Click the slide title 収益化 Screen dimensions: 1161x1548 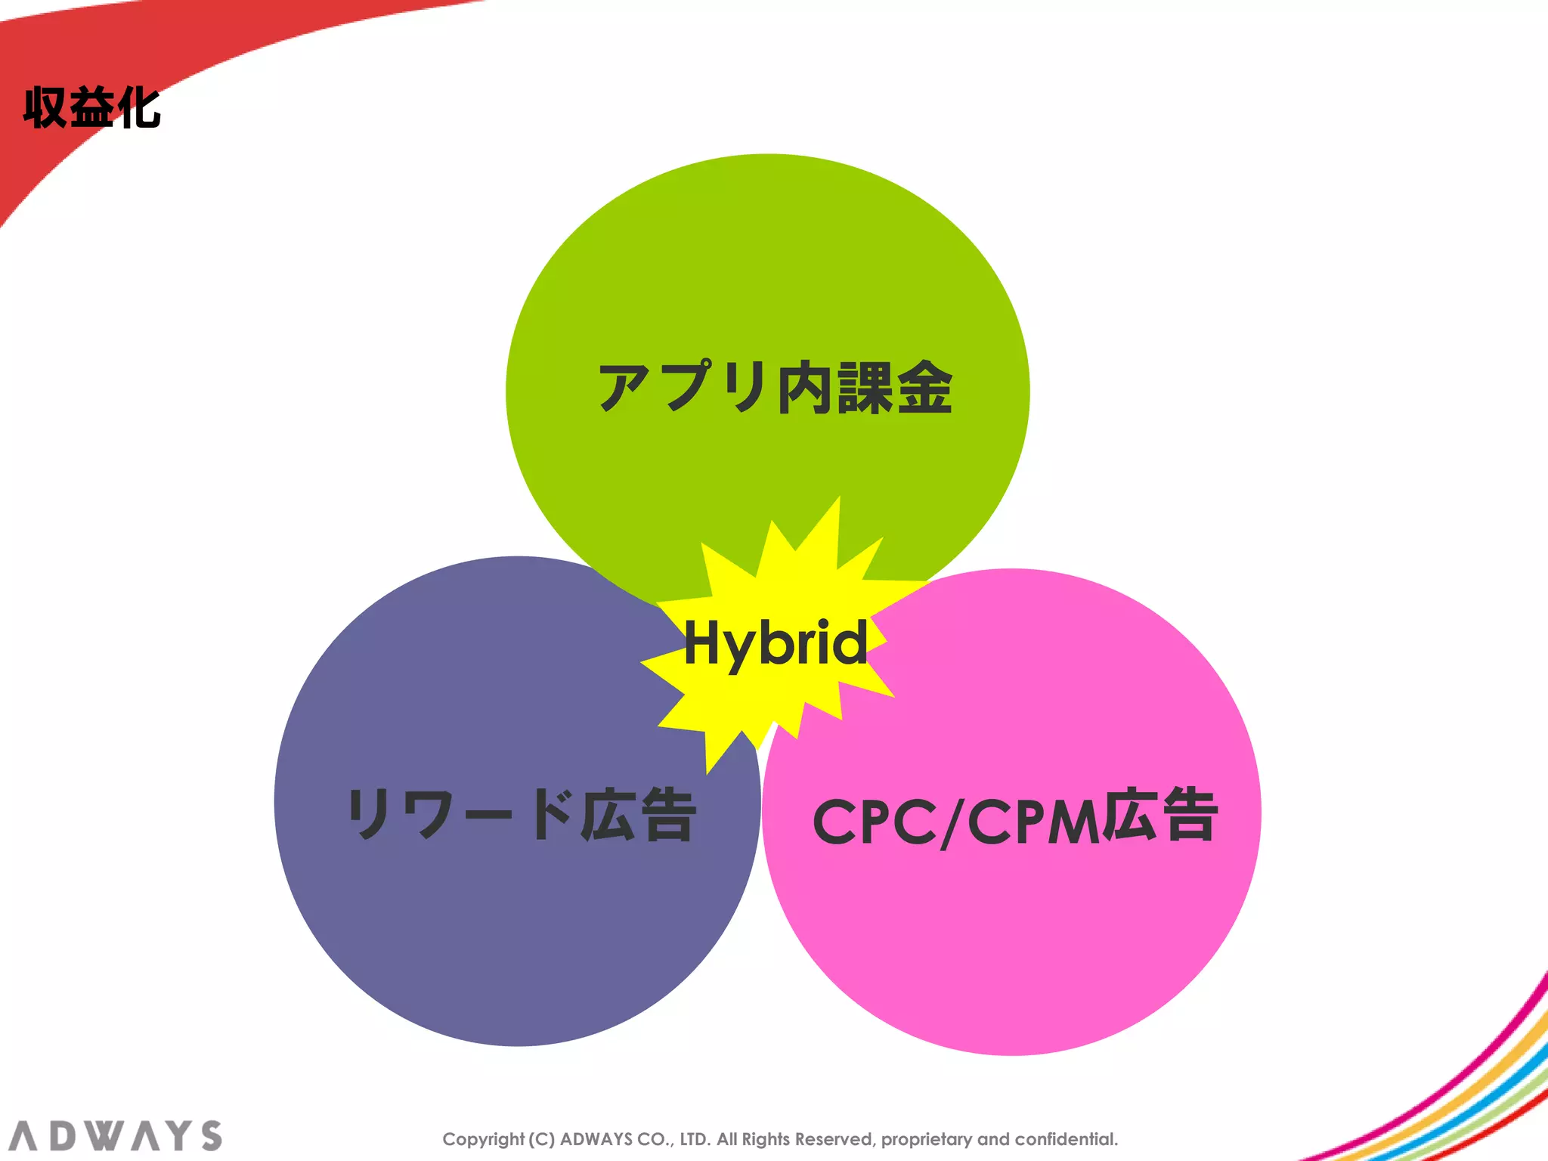point(91,108)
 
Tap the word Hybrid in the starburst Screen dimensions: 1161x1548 point(776,643)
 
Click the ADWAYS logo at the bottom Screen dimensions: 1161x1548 point(116,1136)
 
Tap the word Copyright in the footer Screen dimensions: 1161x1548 point(483,1140)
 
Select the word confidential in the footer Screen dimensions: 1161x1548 point(1066,1139)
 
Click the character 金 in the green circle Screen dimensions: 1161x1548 point(926,388)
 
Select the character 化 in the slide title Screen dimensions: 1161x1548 point(139,108)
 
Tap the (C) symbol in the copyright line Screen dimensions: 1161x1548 point(541,1139)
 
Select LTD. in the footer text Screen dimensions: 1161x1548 point(695,1139)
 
